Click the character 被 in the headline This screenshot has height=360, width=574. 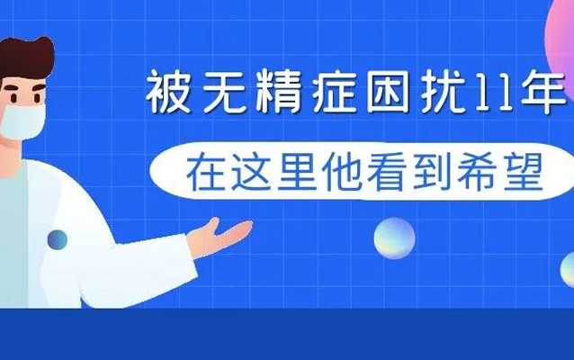(168, 92)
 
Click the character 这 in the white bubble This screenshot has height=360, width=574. (250, 172)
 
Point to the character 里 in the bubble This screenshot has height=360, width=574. (296, 172)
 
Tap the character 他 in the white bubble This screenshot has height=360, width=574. (341, 172)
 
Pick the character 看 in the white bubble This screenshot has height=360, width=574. (386, 172)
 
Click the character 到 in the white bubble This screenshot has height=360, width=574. (432, 172)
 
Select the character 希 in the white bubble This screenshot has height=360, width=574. (477, 172)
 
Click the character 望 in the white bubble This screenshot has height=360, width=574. (523, 172)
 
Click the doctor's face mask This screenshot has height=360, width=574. (22, 121)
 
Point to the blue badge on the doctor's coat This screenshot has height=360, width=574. (58, 240)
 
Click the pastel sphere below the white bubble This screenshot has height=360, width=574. (394, 238)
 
